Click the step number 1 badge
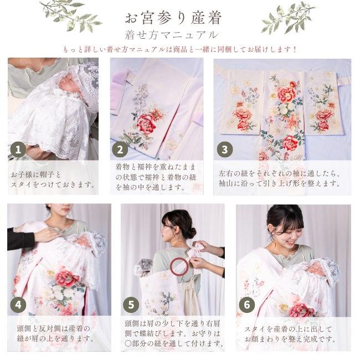click(18, 150)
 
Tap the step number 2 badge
click(120, 150)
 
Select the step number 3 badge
click(225, 150)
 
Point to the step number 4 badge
click(18, 305)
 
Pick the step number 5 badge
click(131, 305)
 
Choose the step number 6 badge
click(247, 305)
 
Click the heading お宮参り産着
click(173, 18)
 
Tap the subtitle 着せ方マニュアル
click(171, 35)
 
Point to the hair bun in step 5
click(190, 233)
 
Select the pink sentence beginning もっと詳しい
click(180, 49)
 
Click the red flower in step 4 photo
click(67, 279)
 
